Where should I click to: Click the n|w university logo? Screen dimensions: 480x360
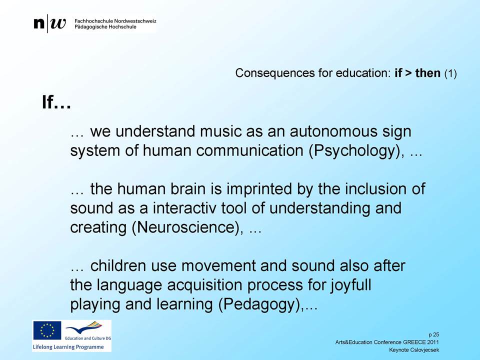point(49,23)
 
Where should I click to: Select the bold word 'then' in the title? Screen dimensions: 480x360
point(427,73)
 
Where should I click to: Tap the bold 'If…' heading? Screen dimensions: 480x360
point(56,102)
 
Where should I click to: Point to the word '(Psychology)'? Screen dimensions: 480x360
point(354,151)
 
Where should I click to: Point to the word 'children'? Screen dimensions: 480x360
point(117,265)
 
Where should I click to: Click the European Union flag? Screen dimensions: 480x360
point(47,330)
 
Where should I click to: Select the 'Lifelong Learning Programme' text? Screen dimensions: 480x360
point(68,347)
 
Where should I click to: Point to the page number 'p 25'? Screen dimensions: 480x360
point(434,334)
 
